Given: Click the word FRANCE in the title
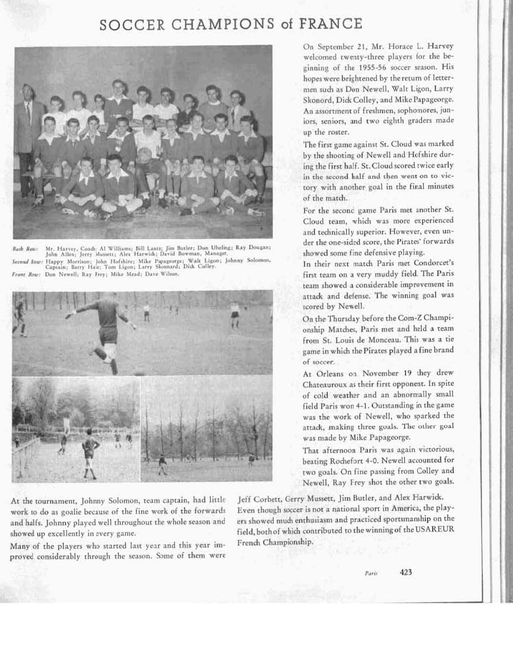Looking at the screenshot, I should [332, 24].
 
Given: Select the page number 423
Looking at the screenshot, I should [406, 572].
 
